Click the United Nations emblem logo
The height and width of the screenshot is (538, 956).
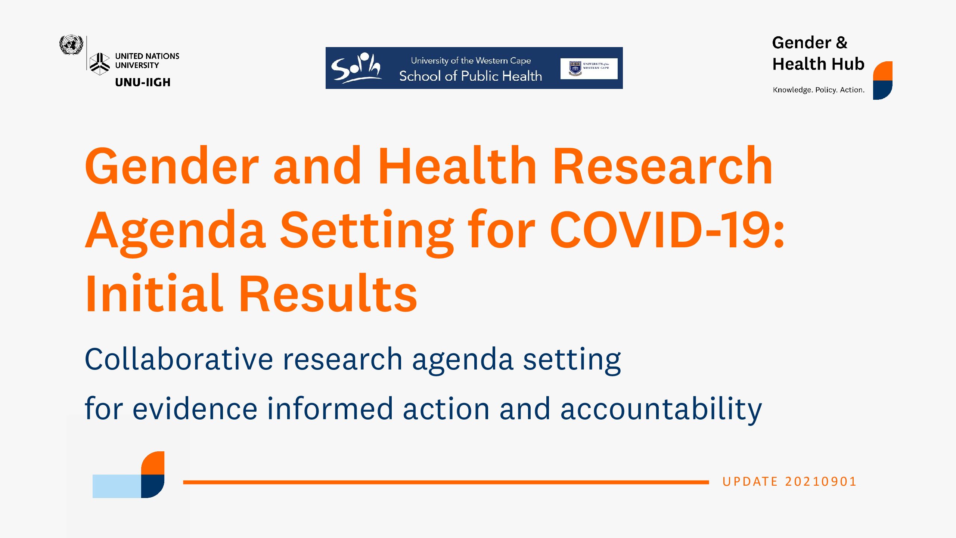71,45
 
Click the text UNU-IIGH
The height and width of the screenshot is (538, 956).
143,82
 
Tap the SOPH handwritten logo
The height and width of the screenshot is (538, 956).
356,68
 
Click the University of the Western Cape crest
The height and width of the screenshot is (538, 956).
575,69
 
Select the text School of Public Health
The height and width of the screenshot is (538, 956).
471,76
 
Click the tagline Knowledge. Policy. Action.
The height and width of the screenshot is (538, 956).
819,90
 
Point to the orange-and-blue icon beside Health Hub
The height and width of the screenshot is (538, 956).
883,80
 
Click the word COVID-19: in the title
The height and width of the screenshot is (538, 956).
667,229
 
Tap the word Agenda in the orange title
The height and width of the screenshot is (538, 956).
176,233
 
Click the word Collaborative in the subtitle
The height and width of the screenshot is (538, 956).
179,359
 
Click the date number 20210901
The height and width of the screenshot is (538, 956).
820,482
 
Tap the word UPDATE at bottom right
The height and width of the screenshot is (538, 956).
750,482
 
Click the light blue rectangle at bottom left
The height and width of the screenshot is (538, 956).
117,486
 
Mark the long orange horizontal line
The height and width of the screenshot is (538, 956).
446,482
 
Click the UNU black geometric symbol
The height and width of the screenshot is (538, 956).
100,64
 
